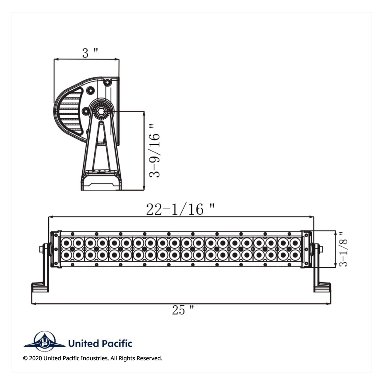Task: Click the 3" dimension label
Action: (90, 53)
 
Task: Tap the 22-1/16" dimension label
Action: (180, 209)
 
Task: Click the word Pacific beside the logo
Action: (117, 344)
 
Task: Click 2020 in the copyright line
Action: (36, 358)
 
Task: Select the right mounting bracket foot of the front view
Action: (322, 287)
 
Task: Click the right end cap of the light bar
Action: (306, 249)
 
